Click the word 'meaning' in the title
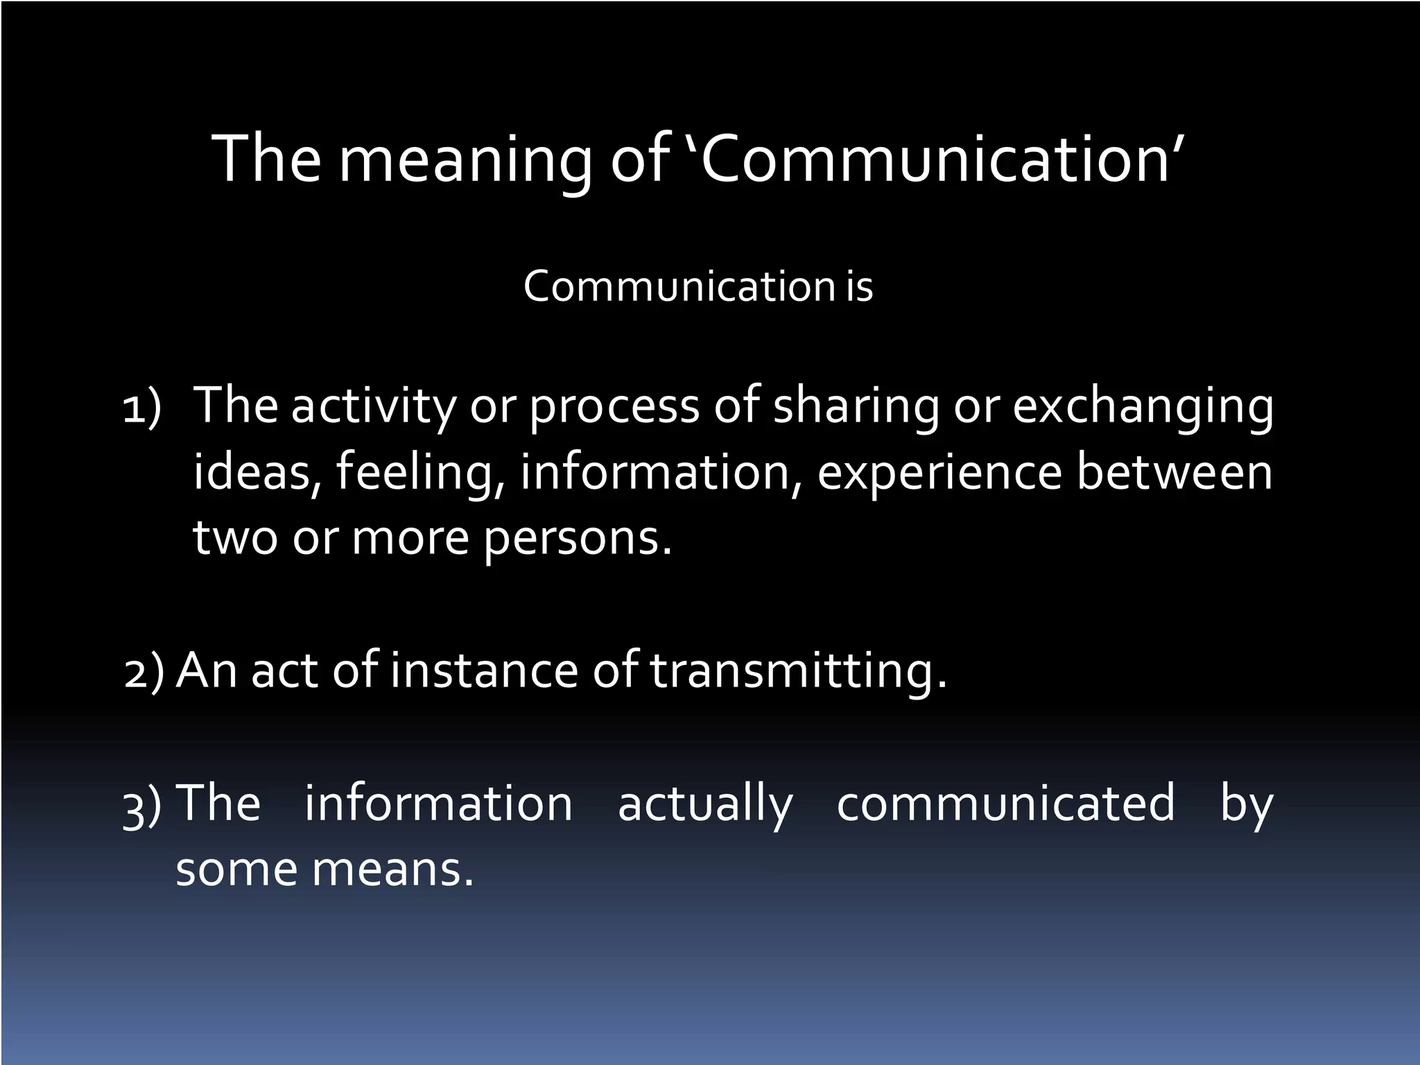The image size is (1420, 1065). [x=465, y=161]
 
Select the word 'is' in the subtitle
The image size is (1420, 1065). [x=858, y=286]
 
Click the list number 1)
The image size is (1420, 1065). [x=142, y=409]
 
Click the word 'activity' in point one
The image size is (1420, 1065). [x=373, y=408]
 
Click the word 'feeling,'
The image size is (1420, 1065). [x=420, y=473]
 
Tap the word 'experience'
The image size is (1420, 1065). [x=940, y=473]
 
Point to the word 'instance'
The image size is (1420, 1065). [x=483, y=671]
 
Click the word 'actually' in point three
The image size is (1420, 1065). [x=704, y=804]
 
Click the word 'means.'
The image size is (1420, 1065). [x=393, y=869]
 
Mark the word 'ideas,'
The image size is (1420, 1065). [x=257, y=473]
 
